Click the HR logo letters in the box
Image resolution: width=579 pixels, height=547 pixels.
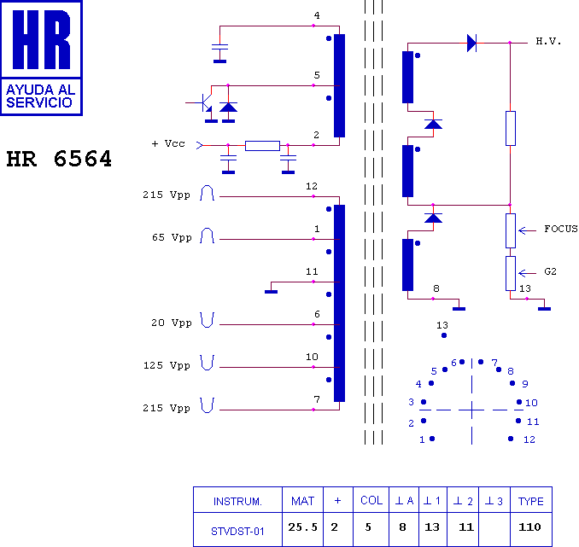pos(41,39)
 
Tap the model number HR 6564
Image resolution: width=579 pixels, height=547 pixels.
pos(59,159)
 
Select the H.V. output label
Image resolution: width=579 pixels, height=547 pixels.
pos(548,41)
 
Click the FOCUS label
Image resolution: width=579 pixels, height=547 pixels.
pos(561,230)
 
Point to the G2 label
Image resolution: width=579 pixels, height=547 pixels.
pos(550,271)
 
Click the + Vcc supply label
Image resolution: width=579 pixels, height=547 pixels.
pos(168,143)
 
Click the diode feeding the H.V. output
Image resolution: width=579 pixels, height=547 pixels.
pos(471,43)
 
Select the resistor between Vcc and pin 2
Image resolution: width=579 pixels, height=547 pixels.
pos(262,146)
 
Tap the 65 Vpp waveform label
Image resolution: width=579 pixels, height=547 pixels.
pos(172,237)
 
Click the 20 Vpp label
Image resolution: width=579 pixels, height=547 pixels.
pos(172,323)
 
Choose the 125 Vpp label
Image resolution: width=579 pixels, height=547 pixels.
pos(167,365)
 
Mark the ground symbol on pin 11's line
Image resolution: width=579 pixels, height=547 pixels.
pos(271,292)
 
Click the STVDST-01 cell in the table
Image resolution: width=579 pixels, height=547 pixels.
pos(237,532)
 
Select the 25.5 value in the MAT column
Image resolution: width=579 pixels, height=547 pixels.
pos(303,527)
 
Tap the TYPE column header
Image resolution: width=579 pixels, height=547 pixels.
pos(530,501)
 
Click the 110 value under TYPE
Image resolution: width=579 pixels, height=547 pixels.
pos(529,527)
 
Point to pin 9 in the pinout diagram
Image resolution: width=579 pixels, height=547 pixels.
pos(512,383)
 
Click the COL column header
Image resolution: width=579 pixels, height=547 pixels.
pos(371,501)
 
